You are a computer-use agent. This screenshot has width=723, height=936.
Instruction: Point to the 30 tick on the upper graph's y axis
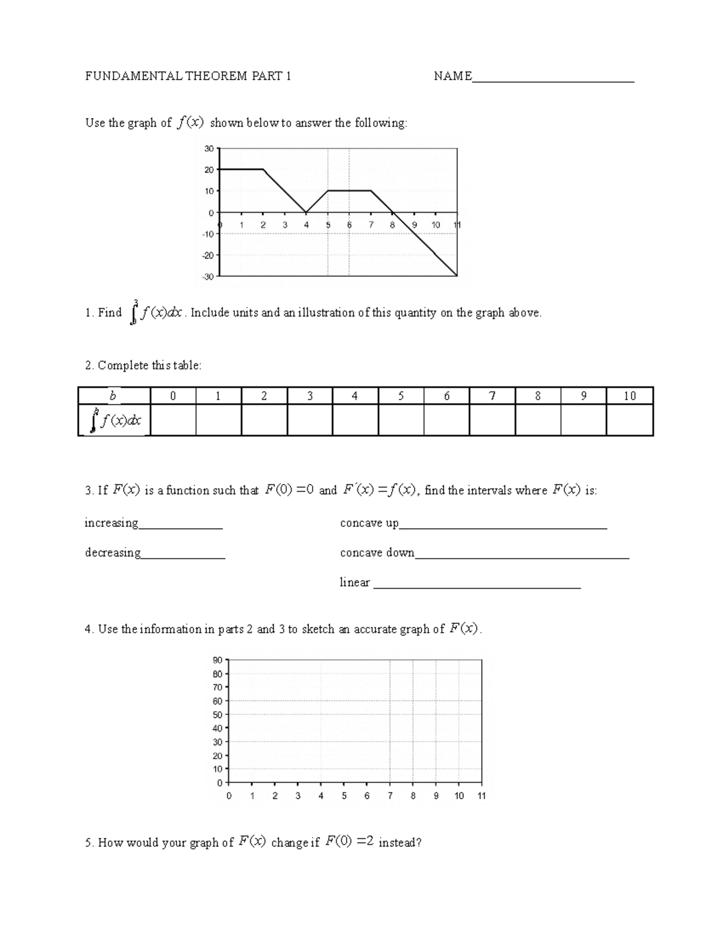pos(209,148)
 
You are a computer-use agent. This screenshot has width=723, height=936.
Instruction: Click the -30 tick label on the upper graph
pos(208,277)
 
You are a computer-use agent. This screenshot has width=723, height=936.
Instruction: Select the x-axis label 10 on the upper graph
pos(436,225)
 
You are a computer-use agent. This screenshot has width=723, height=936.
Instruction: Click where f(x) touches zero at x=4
pos(306,212)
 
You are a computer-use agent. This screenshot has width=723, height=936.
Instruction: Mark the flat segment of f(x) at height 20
pos(241,169)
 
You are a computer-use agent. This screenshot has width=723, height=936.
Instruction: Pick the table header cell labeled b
pos(113,396)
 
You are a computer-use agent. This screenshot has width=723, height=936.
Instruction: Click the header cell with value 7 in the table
pos(492,396)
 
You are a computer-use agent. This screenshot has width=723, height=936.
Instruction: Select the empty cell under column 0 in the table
pos(173,419)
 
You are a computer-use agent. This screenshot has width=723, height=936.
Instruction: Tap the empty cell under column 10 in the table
pos(630,419)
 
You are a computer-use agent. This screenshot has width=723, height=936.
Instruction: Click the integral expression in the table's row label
pos(114,420)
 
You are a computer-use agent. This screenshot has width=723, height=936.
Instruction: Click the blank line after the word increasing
pos(181,526)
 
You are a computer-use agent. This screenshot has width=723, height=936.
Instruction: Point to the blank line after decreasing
pos(183,555)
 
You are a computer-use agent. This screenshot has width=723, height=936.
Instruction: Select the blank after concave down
pos(522,555)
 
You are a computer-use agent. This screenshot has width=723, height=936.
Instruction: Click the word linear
pos(355,582)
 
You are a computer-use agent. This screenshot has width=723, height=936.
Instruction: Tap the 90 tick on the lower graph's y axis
pos(218,660)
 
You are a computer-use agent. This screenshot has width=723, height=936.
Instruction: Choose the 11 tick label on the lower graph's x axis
pos(481,796)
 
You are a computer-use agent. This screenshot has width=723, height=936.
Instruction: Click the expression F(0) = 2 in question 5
pos(349,842)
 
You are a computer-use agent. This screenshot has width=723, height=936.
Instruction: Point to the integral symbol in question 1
pos(134,313)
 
